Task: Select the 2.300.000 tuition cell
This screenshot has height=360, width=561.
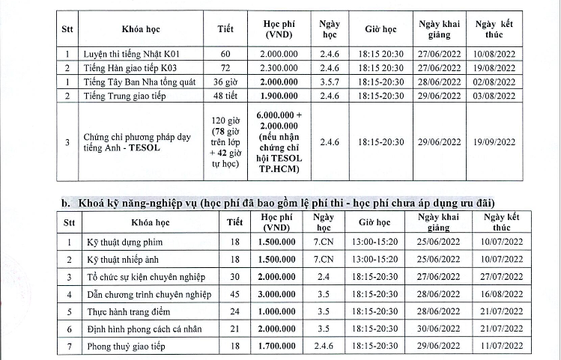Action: (x=279, y=68)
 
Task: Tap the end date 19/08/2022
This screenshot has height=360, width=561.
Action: (x=494, y=68)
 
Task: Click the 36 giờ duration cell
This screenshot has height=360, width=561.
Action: (x=225, y=82)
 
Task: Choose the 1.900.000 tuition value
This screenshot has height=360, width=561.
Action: (x=279, y=95)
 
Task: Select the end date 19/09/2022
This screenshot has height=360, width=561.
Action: (x=494, y=141)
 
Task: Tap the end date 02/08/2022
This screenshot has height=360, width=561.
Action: (x=494, y=82)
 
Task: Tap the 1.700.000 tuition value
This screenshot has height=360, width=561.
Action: (x=276, y=346)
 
